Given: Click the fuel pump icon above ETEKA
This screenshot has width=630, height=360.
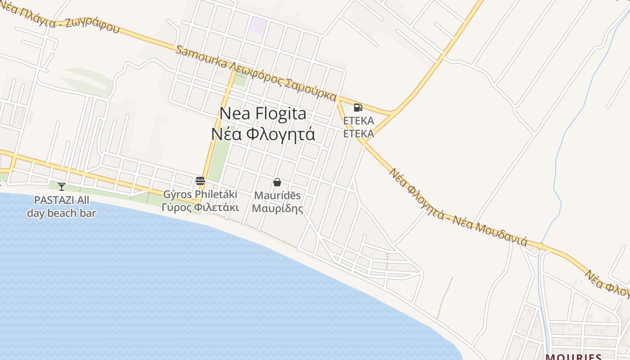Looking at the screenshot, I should [x=358, y=107].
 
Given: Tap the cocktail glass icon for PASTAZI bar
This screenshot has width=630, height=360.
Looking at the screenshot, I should [x=62, y=186].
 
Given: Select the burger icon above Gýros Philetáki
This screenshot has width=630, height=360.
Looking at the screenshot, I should [x=200, y=181].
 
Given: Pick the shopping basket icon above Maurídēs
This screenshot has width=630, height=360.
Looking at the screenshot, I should [x=277, y=182].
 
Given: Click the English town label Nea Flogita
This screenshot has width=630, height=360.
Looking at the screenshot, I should [x=263, y=113].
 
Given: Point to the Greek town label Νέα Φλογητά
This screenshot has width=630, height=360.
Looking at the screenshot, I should [x=263, y=134].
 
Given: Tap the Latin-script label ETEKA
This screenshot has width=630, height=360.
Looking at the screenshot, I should [x=359, y=121].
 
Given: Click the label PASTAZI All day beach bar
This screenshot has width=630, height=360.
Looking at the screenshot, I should [x=62, y=207].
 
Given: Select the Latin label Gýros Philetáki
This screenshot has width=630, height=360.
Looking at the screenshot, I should [x=200, y=195].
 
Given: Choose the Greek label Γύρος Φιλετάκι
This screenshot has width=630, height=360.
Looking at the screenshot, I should [x=200, y=207].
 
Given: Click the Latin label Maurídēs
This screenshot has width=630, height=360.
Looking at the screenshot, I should [x=277, y=196].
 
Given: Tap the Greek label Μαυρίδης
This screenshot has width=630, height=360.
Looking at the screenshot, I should [x=277, y=209].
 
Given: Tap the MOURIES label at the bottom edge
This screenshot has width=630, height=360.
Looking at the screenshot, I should [x=573, y=357].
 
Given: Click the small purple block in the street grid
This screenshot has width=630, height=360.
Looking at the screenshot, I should [x=259, y=25].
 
